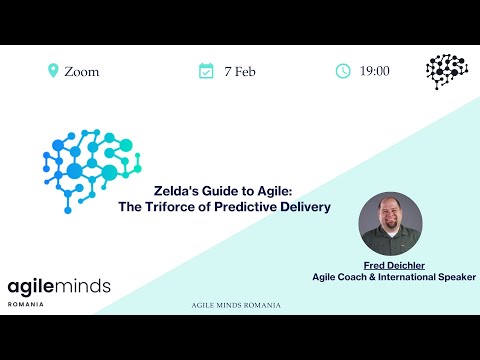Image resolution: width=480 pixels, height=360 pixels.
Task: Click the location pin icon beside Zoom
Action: point(53,71)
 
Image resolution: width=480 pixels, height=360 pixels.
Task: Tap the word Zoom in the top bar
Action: point(82,72)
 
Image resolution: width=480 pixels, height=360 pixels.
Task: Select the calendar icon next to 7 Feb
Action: point(206,71)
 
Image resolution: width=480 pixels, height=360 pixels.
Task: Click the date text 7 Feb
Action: point(239,72)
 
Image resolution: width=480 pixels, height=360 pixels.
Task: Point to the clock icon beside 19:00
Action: point(343,71)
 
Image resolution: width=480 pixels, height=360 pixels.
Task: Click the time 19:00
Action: point(375,72)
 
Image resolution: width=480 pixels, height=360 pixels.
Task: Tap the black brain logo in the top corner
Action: point(447,72)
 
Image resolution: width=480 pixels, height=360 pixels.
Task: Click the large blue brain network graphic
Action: point(92,168)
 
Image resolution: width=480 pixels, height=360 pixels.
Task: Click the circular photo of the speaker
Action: point(390,224)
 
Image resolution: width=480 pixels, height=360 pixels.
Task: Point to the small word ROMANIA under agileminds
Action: point(25,304)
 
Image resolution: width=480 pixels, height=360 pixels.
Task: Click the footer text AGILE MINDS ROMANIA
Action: point(235,305)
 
